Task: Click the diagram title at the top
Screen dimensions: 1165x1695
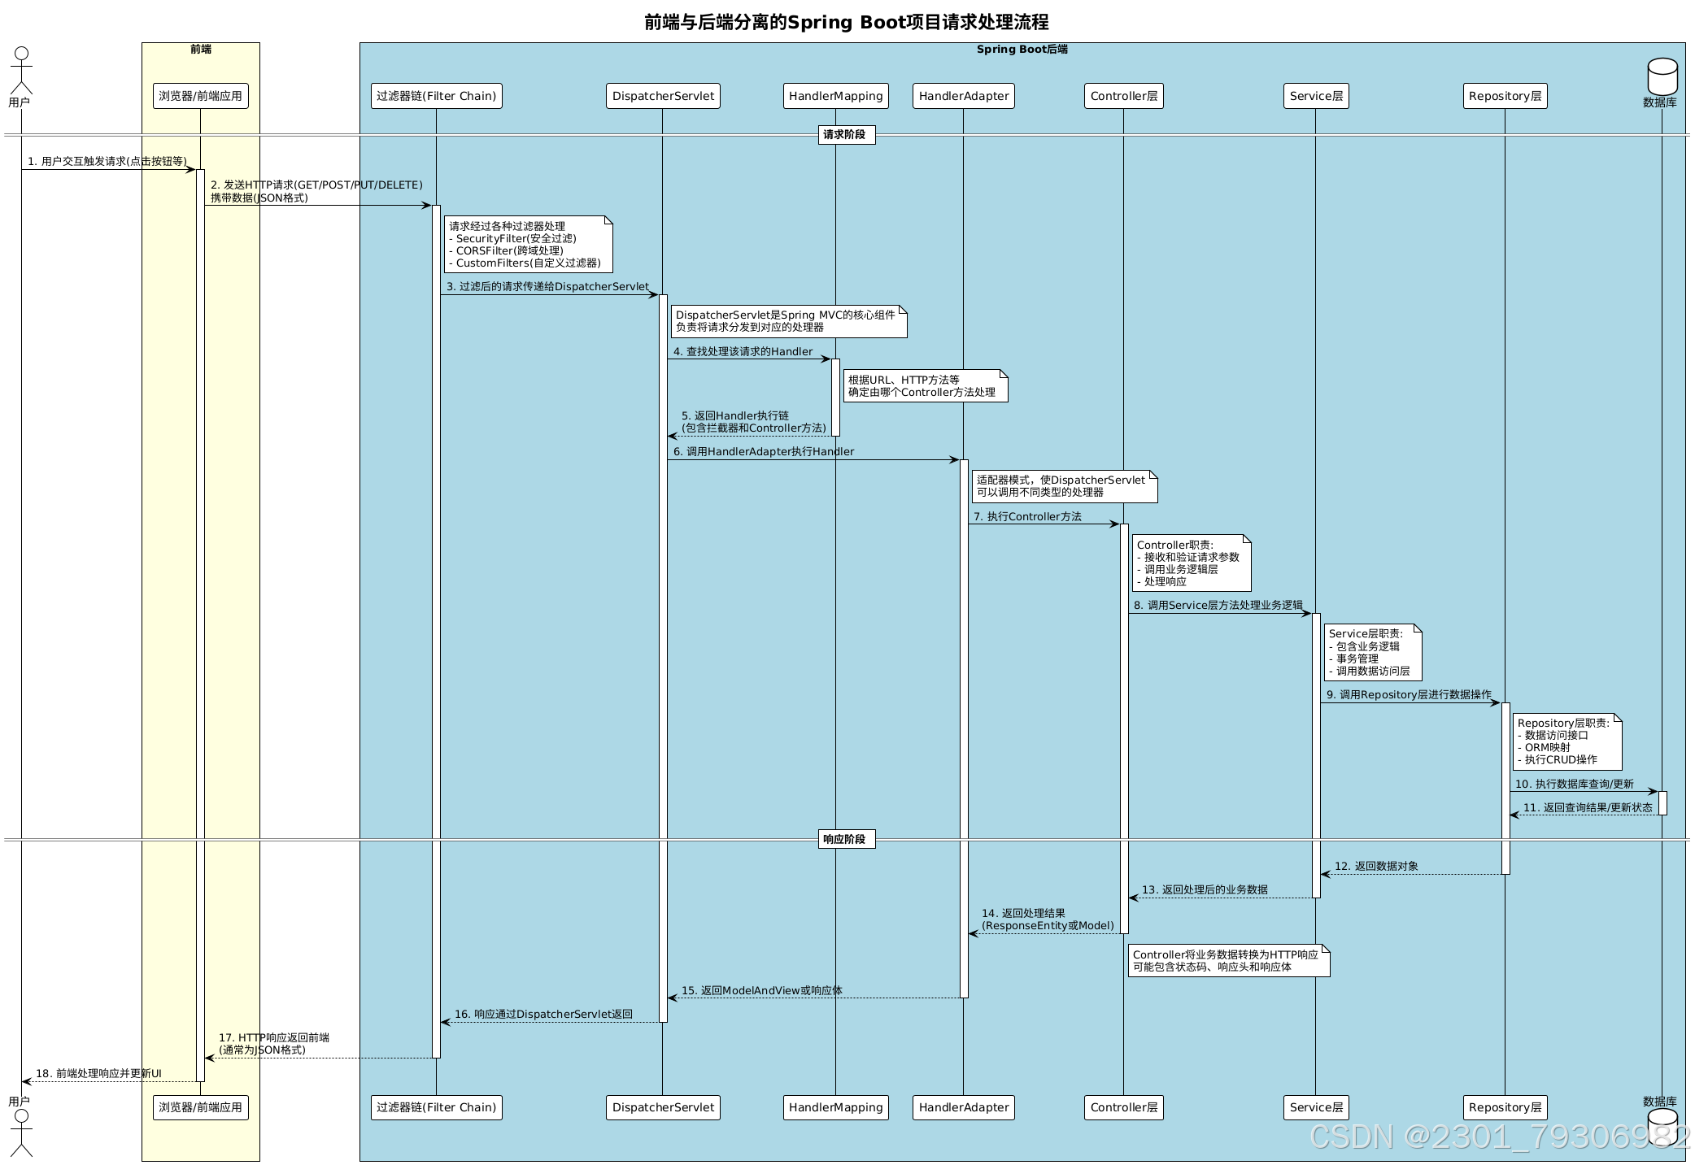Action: (846, 22)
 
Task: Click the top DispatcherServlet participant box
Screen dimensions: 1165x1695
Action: (663, 96)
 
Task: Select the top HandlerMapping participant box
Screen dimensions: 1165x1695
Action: (835, 96)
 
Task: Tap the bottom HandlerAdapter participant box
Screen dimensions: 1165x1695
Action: (963, 1107)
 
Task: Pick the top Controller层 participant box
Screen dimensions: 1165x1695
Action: (1123, 96)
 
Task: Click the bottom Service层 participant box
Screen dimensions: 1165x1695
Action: (1315, 1107)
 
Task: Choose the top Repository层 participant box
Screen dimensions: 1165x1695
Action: (1505, 96)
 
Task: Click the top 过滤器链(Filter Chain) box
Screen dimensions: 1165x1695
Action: (436, 96)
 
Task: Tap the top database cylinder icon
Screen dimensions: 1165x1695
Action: (1662, 76)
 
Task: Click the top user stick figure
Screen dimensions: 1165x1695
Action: (21, 71)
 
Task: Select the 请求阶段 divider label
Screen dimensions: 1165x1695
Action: (846, 135)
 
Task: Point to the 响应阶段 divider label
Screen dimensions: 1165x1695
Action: (846, 839)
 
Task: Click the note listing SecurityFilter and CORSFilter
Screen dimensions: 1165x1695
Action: (528, 245)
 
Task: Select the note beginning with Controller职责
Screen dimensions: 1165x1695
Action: (1191, 563)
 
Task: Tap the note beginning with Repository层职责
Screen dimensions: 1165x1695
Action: (1566, 741)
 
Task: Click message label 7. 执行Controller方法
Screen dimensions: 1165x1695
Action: (1027, 517)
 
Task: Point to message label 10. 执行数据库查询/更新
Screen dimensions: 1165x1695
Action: (1574, 785)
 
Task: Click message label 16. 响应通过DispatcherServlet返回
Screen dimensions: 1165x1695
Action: (543, 1015)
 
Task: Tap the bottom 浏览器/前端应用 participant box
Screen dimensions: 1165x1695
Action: (200, 1107)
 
